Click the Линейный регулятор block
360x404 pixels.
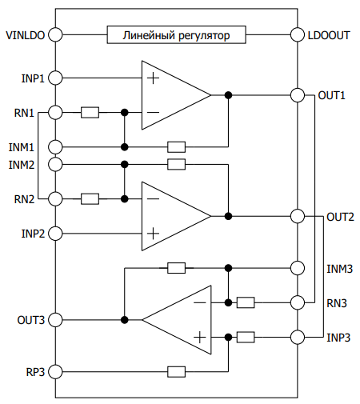(x=176, y=34)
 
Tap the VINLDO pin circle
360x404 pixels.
(x=55, y=34)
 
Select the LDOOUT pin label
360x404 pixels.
(x=329, y=35)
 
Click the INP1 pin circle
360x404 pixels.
(x=55, y=78)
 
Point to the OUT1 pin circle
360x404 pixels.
(x=298, y=95)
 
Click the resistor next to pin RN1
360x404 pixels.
(x=90, y=113)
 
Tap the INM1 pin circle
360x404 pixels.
(x=55, y=147)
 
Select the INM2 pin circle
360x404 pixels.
(x=55, y=164)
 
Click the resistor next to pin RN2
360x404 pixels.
(x=90, y=199)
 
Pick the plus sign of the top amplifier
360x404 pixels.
(x=153, y=78)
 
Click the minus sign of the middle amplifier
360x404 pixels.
(x=153, y=199)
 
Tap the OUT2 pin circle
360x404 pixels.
(x=298, y=216)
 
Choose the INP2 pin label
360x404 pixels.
(x=33, y=234)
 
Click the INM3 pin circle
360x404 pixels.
(x=298, y=268)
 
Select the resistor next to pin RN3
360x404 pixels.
(x=246, y=302)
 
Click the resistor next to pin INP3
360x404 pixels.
(x=246, y=338)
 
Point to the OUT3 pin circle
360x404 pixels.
(x=55, y=320)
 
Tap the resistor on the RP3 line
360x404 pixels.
(x=176, y=372)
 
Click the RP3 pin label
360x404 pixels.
(x=35, y=372)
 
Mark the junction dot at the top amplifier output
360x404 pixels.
(x=228, y=95)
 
